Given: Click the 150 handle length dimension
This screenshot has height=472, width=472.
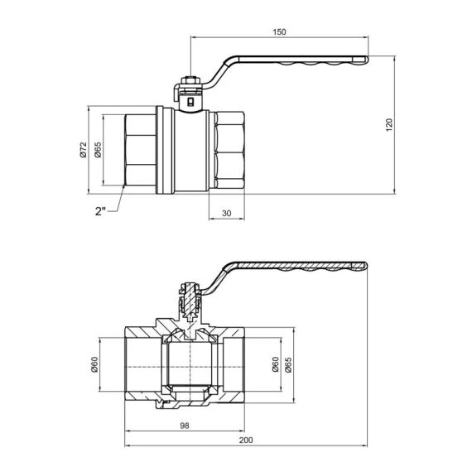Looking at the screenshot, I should click(x=279, y=31).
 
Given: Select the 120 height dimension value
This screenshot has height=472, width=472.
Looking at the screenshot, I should click(x=388, y=124).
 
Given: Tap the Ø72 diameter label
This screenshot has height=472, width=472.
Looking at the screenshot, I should click(x=82, y=150).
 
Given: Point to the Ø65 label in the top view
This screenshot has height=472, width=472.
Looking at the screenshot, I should click(x=98, y=150).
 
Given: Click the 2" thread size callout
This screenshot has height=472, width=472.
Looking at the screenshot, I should click(x=100, y=211).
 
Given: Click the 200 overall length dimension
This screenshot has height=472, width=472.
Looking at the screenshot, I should click(x=246, y=440).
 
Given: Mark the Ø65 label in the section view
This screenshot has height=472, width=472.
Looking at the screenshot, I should click(x=288, y=362).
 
